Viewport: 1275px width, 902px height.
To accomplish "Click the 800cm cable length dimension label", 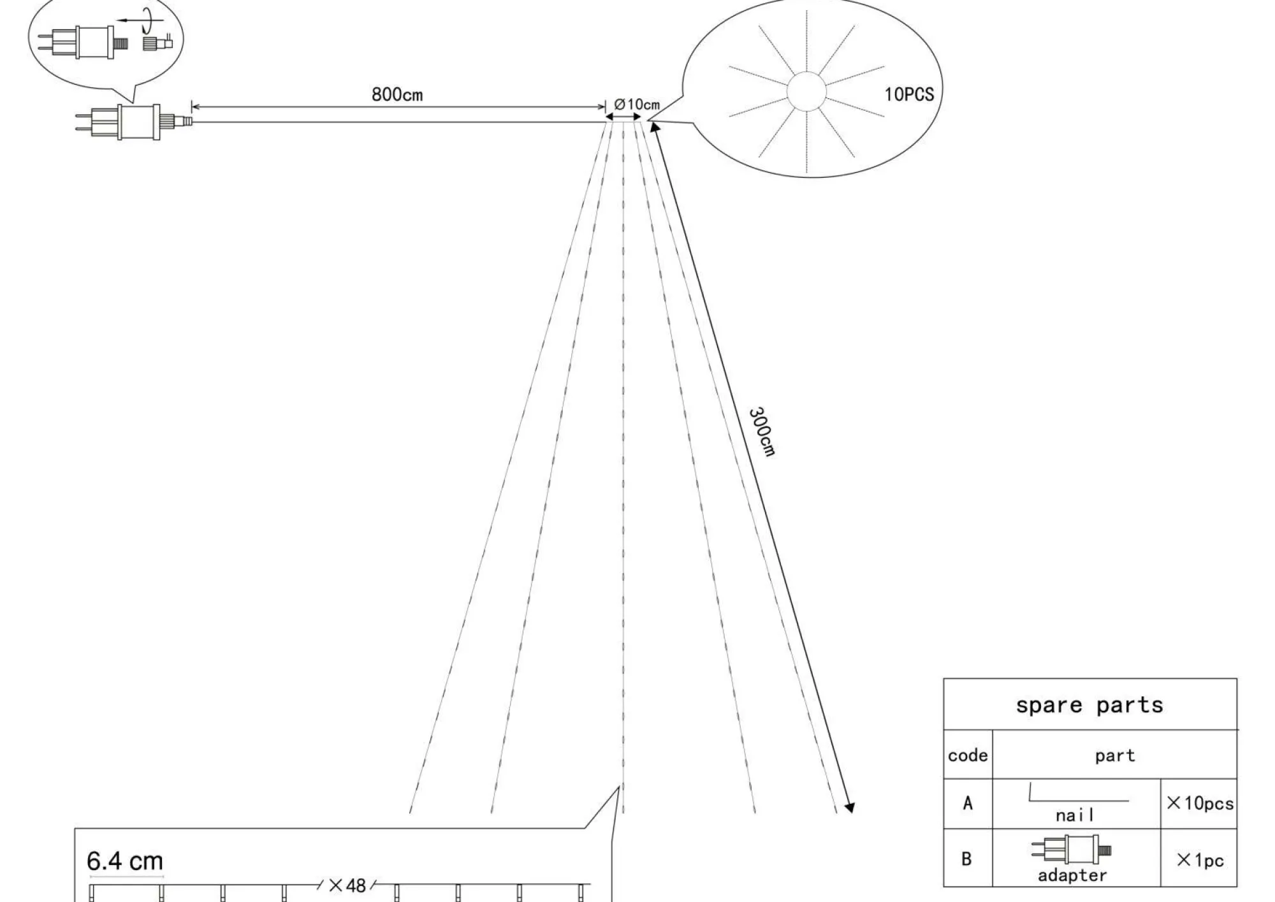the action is [397, 95].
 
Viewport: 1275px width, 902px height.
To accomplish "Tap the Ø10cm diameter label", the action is [637, 105].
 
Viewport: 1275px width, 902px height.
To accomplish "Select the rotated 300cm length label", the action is [762, 432].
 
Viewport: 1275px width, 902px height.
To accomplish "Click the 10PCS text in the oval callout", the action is [908, 94].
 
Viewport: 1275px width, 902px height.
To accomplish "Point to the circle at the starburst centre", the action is [806, 92].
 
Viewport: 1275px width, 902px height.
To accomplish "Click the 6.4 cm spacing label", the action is [125, 861].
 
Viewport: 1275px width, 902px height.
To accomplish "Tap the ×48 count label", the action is [347, 885].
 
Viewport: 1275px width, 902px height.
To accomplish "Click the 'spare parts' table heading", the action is [1089, 705].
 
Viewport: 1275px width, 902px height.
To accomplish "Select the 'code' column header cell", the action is [968, 755].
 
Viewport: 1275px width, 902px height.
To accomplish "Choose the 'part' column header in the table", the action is [1115, 756].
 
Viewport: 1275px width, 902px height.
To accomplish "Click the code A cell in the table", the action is [968, 803].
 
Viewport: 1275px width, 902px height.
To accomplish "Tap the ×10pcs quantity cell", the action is [1200, 803].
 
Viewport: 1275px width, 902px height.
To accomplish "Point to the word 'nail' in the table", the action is [1075, 815].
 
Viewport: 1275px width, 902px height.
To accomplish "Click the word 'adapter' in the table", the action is [1072, 875].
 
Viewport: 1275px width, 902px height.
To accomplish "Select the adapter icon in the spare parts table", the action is [1071, 850].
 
